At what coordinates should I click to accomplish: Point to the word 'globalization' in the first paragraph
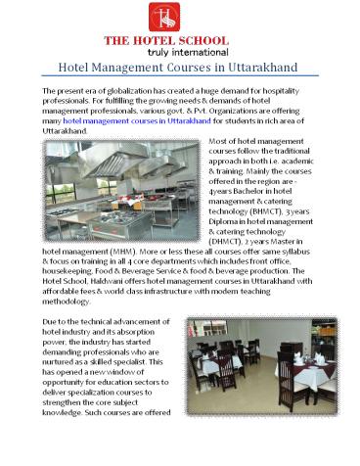pos(142,90)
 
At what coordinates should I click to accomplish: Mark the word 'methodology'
pos(71,311)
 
